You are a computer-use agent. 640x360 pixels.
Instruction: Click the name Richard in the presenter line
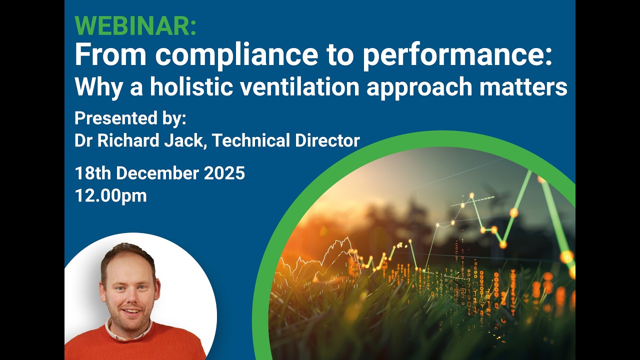[x=130, y=140]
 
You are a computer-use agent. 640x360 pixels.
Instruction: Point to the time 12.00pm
[x=110, y=196]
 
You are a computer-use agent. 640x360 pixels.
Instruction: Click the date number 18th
[x=93, y=173]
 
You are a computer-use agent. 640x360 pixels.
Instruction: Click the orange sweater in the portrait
[x=135, y=345]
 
